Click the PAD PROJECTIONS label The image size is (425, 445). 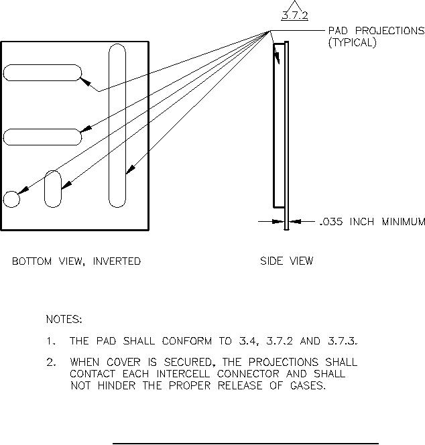(x=375, y=31)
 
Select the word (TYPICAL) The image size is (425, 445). (x=352, y=42)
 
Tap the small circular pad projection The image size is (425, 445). (x=11, y=199)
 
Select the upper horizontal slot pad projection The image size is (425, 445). (x=42, y=72)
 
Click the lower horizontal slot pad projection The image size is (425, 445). (x=42, y=137)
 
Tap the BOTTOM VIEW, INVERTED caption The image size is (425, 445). (x=76, y=261)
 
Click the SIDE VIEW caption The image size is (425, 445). (x=286, y=261)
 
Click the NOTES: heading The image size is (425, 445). (x=64, y=319)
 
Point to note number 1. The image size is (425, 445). (x=51, y=341)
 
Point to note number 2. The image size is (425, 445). (x=51, y=363)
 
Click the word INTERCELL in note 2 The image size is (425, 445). (x=177, y=374)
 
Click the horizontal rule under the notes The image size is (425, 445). (x=245, y=443)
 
